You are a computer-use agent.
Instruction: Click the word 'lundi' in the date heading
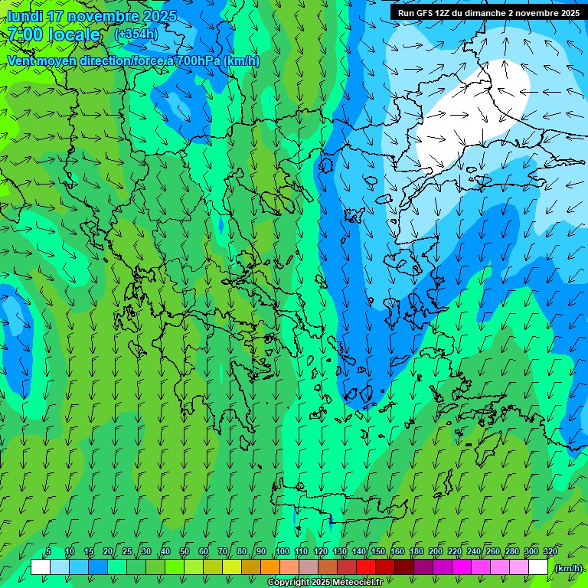coord(25,16)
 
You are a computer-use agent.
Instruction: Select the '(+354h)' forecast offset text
coord(136,34)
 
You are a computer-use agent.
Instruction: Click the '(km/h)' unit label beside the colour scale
coord(568,568)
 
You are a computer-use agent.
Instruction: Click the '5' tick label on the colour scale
coord(49,552)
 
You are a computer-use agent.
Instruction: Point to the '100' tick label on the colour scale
coord(282,552)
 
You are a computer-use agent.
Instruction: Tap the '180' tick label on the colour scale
coord(416,552)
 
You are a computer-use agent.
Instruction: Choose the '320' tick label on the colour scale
coord(550,552)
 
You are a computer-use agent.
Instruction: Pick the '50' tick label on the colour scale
coord(185,552)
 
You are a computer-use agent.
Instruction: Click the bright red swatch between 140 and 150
coord(368,567)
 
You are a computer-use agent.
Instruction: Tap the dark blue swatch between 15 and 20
coord(98,567)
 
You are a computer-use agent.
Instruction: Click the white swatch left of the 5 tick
coord(40,567)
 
